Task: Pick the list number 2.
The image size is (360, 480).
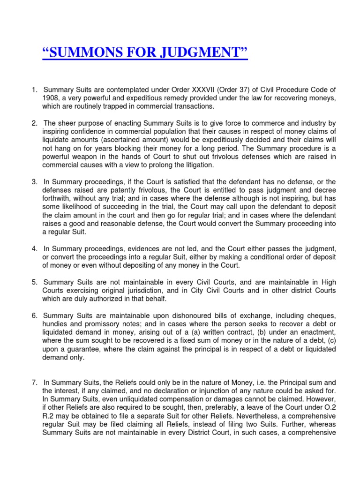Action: tap(35, 123)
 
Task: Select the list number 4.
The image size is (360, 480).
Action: tap(35, 249)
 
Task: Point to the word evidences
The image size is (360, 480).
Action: tap(132, 249)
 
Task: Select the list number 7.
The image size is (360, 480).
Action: tap(35, 382)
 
